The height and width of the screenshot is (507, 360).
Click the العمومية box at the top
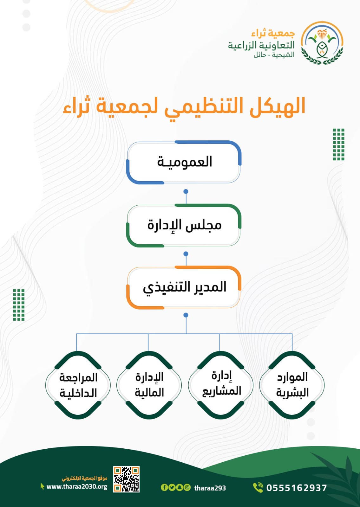tap(184, 162)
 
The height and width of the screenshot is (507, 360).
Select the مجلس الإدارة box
tap(184, 225)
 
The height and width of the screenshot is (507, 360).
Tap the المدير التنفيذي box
tap(184, 287)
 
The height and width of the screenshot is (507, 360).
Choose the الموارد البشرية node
tap(292, 385)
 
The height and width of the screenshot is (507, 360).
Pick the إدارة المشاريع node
tap(221, 385)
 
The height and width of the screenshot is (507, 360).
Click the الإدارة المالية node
tap(149, 385)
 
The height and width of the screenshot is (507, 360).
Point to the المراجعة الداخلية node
tap(78, 385)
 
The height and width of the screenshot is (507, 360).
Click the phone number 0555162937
tap(297, 488)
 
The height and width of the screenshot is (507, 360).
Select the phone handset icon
tap(258, 487)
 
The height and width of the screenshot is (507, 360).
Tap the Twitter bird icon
tap(172, 487)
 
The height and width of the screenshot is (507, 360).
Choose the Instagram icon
tap(187, 487)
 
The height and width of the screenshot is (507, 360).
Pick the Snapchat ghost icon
tap(180, 487)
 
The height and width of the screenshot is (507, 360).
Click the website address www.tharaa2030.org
tap(77, 487)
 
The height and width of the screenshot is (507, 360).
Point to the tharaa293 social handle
tap(210, 488)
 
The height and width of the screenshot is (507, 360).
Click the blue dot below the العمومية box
tap(186, 191)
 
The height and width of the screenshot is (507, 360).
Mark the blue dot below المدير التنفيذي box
tap(186, 315)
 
